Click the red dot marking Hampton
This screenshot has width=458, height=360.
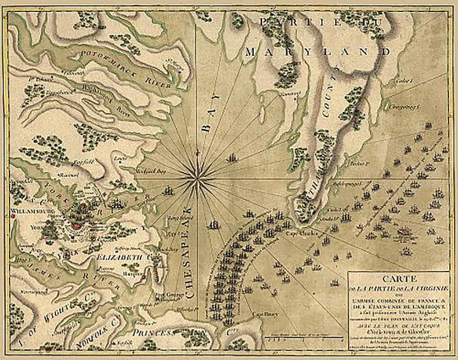(x=146, y=278)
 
